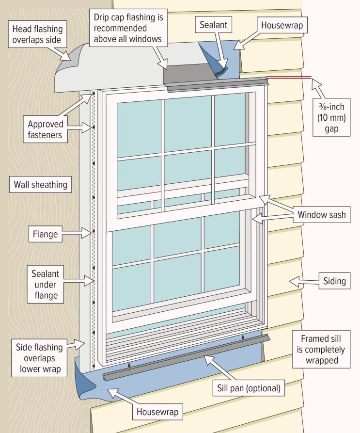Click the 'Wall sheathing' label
[40, 184]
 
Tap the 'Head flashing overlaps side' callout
[37, 34]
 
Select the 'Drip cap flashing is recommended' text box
[128, 28]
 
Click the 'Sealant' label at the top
[213, 25]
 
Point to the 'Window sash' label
[321, 214]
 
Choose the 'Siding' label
[334, 281]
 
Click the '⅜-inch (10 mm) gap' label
[331, 117]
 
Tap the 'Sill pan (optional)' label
[249, 388]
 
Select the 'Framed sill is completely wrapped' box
[321, 349]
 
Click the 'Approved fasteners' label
[45, 129]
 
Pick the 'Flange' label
[45, 234]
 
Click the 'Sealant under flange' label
[45, 285]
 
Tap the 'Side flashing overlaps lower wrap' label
[39, 358]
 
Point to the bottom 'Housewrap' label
[157, 412]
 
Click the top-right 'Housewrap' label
[282, 25]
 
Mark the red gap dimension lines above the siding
[289, 78]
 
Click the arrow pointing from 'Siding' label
[304, 282]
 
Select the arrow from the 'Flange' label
[77, 234]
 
